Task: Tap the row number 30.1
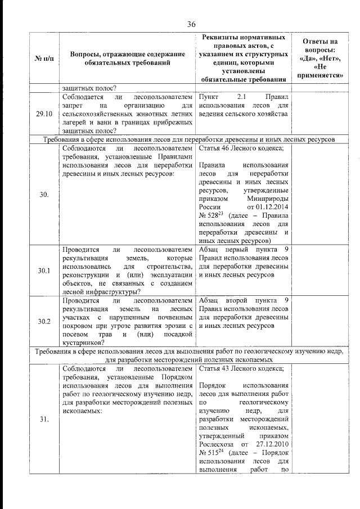44,271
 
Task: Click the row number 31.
44,420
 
